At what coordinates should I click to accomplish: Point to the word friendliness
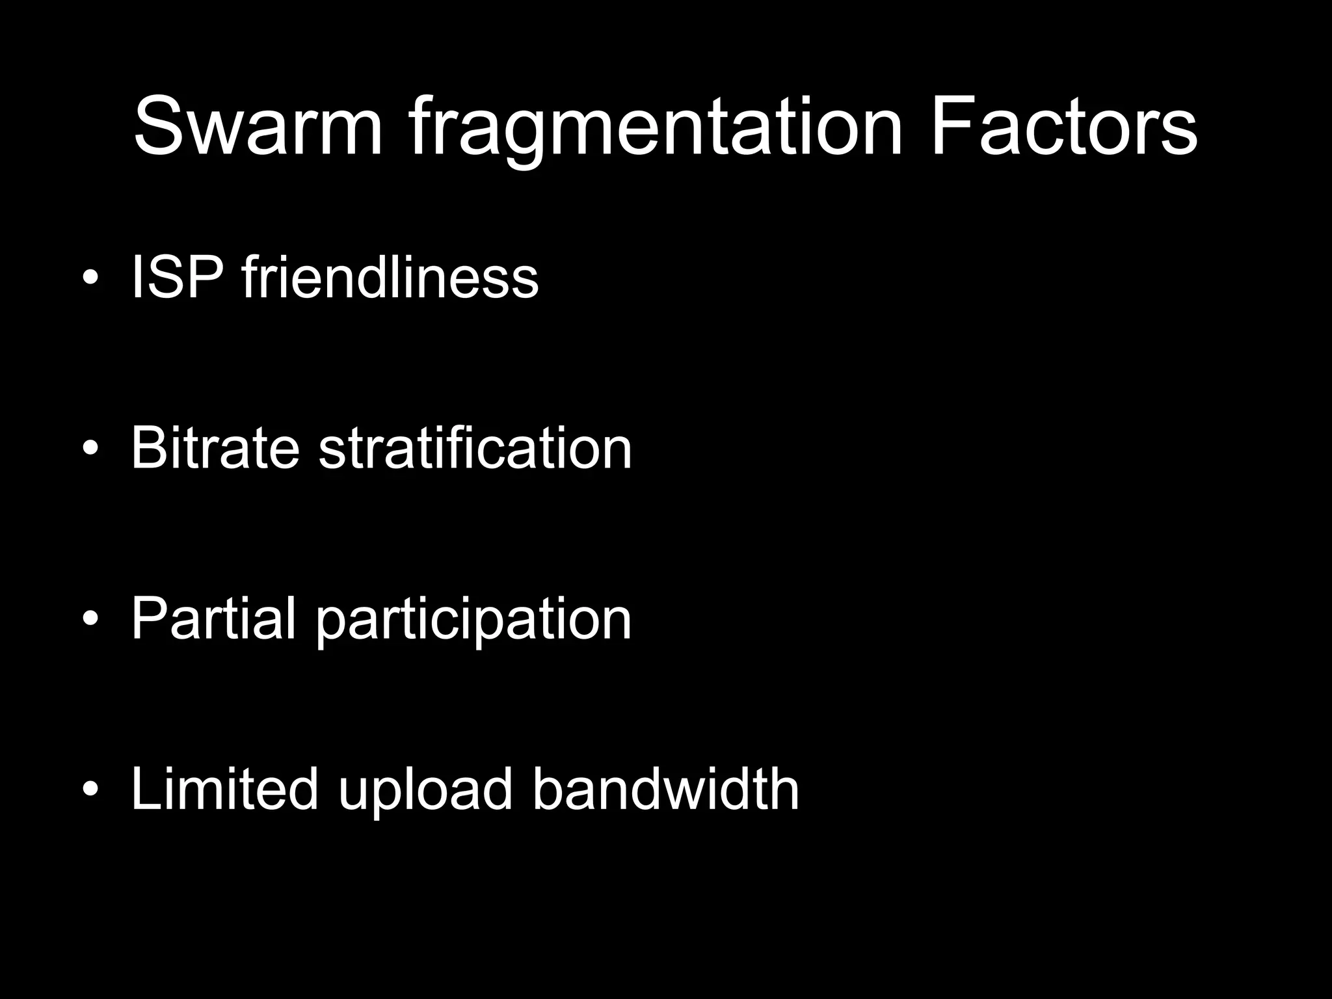click(390, 278)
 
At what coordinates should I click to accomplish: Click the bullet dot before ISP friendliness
click(91, 278)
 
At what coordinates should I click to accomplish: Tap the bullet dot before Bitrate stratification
click(91, 448)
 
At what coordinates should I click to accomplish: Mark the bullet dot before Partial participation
click(91, 619)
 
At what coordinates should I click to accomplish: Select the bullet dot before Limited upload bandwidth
click(91, 789)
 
